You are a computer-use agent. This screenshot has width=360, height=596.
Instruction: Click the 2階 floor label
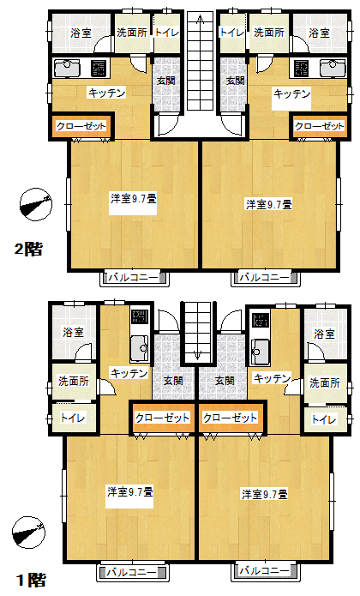[28, 250]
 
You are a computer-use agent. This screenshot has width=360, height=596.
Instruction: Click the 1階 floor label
[31, 581]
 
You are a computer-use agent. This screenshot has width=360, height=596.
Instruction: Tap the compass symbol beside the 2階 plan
[35, 203]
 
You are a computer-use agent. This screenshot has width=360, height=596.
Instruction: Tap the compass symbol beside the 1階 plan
[28, 533]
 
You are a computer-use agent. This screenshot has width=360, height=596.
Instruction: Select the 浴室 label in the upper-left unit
[81, 33]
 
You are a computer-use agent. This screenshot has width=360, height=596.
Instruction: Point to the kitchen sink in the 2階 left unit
[67, 69]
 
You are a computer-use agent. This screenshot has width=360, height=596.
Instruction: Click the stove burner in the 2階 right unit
[302, 69]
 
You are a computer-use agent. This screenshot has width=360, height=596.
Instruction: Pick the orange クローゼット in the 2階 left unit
[81, 126]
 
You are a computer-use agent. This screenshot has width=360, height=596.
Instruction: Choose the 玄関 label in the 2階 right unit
[236, 81]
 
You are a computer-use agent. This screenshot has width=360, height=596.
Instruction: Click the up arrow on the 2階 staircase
[200, 23]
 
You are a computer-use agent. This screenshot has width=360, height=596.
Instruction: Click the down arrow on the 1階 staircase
[197, 352]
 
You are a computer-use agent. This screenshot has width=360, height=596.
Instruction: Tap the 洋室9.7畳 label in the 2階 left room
[134, 199]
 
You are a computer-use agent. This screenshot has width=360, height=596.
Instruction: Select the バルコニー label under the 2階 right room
[264, 278]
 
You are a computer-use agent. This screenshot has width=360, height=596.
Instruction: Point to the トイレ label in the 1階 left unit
[73, 418]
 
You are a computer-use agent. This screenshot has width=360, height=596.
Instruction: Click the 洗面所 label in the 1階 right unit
[325, 382]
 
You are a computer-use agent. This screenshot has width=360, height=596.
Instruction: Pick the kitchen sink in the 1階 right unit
[260, 349]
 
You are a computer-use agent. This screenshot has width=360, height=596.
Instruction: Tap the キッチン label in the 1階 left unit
[129, 373]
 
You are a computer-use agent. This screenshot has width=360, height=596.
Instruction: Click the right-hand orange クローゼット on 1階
[231, 418]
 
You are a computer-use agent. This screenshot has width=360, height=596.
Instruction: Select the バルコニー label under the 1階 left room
[131, 573]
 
